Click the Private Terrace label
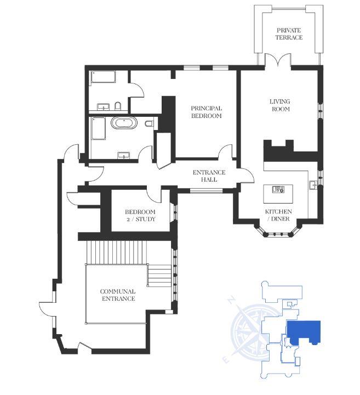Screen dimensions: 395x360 [x=289, y=33]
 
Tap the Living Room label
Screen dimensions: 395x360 [x=279, y=105]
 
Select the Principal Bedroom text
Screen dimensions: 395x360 [x=206, y=112]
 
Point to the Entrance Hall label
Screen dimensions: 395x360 [x=205, y=176]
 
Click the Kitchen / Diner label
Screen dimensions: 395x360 [x=278, y=215]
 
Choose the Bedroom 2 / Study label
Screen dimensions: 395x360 [x=140, y=215]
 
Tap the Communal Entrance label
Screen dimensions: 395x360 [x=117, y=295]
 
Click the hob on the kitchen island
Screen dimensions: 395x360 [x=278, y=190]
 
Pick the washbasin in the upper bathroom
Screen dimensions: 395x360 [x=103, y=106]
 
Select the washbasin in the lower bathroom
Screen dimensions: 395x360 [x=124, y=156]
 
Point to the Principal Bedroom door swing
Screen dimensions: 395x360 [x=225, y=153]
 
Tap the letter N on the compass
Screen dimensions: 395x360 [x=232, y=300]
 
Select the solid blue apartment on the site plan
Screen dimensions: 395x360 [x=304, y=332]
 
